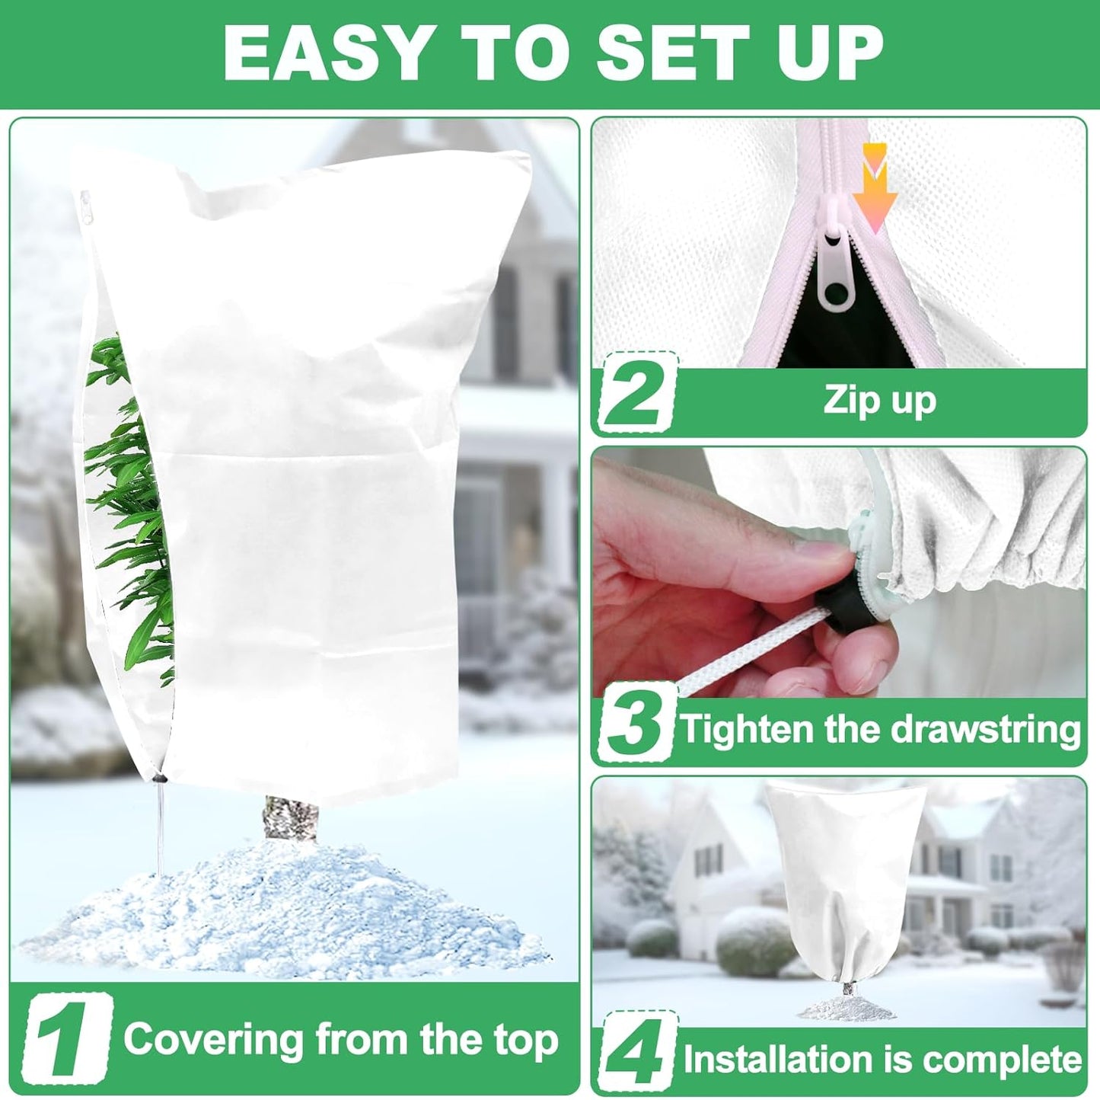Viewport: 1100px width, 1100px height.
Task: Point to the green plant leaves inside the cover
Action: (126, 488)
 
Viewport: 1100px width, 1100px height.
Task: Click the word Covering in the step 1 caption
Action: (213, 1041)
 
